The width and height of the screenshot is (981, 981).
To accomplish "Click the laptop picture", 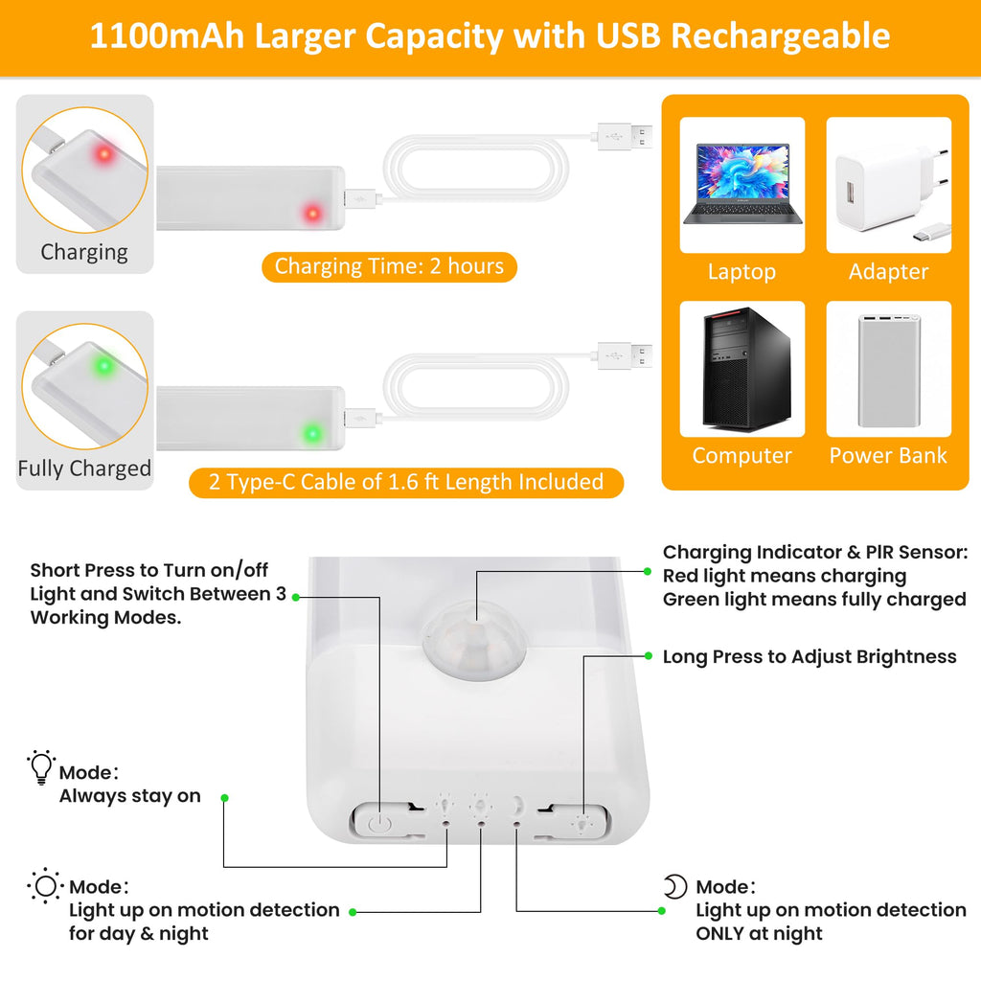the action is click(742, 183).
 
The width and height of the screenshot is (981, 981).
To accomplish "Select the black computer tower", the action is click(746, 369).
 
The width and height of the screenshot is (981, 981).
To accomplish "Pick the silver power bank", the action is click(889, 371).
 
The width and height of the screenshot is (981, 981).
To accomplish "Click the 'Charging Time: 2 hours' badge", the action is click(389, 266).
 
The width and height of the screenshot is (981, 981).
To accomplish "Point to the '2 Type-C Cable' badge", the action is click(406, 483).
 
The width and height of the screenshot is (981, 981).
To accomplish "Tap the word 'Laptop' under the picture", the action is click(742, 271).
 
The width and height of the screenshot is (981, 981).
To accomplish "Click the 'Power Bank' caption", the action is click(888, 455).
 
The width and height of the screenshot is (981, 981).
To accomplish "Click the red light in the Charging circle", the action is click(103, 153).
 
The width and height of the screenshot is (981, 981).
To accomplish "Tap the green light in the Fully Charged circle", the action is click(103, 365).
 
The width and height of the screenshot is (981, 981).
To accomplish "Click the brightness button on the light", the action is click(580, 821).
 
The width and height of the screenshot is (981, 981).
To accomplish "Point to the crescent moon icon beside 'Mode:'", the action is click(675, 886).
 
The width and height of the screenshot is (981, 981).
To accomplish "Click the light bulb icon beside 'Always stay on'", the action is click(41, 766).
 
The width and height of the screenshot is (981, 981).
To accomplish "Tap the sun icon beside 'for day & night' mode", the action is click(45, 886).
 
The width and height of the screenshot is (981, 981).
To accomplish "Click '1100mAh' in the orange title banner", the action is click(167, 35).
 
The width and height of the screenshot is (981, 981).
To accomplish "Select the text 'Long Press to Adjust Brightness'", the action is click(810, 657).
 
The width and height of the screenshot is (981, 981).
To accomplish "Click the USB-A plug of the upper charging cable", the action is click(625, 136).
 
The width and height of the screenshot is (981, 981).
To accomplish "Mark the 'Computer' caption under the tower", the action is click(742, 455).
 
